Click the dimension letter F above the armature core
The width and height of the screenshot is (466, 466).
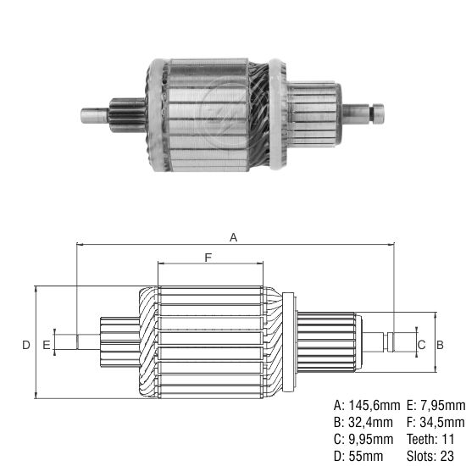208,257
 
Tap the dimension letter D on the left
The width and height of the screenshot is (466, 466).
26,344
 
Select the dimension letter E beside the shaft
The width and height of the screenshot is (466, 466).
46,344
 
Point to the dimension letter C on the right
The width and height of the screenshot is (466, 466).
420,344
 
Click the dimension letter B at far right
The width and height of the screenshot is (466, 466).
440,344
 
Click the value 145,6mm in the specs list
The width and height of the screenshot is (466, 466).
373,405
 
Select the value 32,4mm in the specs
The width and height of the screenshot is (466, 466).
370,422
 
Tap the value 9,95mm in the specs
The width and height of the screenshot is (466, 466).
370,439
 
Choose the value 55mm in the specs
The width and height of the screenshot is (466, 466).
365,456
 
